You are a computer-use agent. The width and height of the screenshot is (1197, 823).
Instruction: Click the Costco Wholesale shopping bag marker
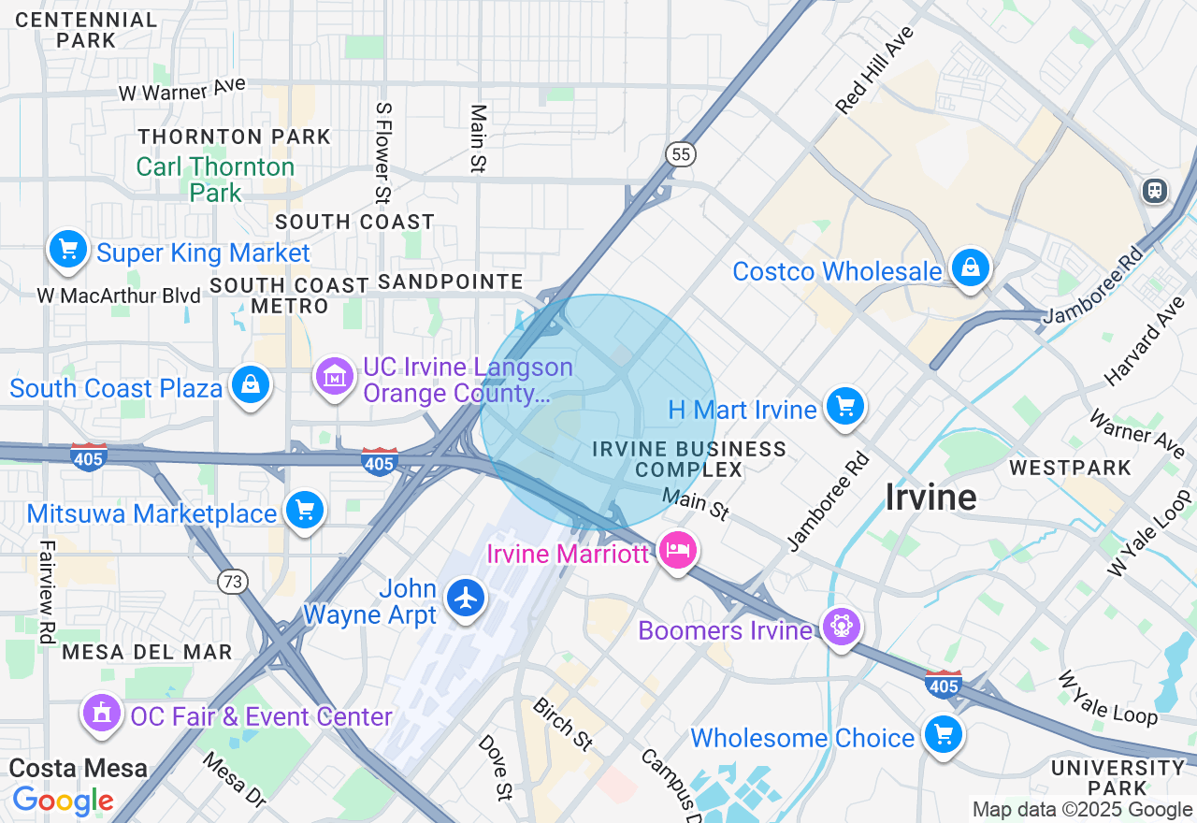pos(972,268)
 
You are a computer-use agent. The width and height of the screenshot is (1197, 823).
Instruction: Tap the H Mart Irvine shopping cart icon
pos(845,407)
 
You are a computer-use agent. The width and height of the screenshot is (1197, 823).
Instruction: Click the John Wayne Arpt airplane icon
pos(466,598)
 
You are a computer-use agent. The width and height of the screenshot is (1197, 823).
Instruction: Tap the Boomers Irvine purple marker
pos(841,626)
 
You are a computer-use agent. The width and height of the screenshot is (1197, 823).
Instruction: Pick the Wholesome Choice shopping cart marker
pos(943,734)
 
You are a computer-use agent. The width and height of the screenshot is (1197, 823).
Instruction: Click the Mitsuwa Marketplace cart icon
pos(304,510)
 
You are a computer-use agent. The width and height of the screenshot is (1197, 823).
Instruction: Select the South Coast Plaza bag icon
pos(251,384)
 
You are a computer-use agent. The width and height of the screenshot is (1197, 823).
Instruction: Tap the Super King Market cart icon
pos(68,249)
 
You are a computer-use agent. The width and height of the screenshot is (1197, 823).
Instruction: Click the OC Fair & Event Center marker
pos(102,713)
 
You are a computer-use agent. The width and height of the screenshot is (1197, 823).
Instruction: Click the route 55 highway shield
pos(682,154)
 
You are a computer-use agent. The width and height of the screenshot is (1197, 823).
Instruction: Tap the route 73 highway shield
pos(233,582)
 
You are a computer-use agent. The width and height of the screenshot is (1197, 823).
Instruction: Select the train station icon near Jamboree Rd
pos(1156,191)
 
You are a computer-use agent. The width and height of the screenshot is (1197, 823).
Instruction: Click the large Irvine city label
pos(930,498)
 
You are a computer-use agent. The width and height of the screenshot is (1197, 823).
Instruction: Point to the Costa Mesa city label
pos(79,769)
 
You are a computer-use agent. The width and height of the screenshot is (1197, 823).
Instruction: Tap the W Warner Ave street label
pos(181,90)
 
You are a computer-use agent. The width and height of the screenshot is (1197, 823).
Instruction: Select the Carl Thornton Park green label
pos(215,180)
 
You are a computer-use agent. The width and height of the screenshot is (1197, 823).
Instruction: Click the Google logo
pos(63,801)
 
